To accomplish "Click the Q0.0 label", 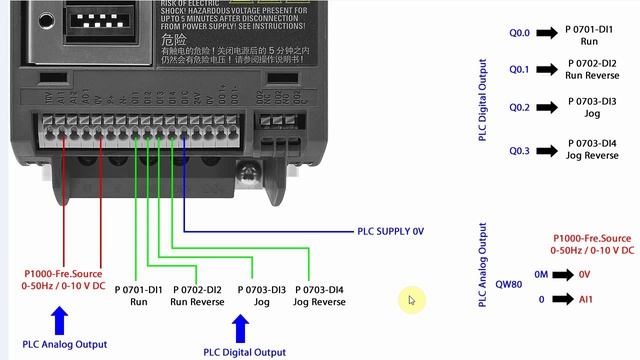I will pyautogui.click(x=520, y=33).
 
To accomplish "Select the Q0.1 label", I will pyautogui.click(x=520, y=70).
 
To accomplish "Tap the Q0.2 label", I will pyautogui.click(x=520, y=108).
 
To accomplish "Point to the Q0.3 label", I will pyautogui.click(x=520, y=150).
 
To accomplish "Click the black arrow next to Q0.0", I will pyautogui.click(x=546, y=33).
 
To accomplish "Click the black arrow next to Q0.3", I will pyautogui.click(x=546, y=150).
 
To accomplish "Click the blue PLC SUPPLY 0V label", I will pyautogui.click(x=391, y=231).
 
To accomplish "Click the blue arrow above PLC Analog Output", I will pyautogui.click(x=59, y=320).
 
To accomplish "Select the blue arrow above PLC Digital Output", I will pyautogui.click(x=240, y=328).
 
